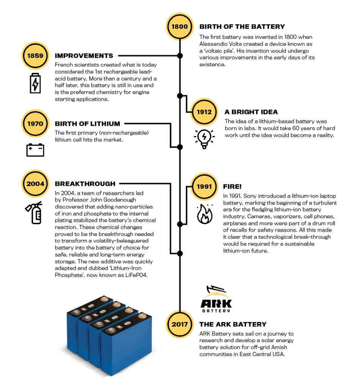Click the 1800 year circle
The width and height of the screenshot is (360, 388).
[x=180, y=27]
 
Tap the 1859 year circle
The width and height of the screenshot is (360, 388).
[x=35, y=56]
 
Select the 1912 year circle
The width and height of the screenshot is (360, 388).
[x=204, y=112]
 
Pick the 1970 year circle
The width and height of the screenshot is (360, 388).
[x=35, y=124]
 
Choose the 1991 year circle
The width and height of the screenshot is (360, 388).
[x=204, y=186]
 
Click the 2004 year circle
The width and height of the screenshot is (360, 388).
[x=35, y=184]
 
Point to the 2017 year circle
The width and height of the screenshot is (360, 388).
[x=180, y=324]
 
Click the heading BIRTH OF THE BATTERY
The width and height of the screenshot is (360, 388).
[x=242, y=27]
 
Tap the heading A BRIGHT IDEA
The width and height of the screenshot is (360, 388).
[x=251, y=112]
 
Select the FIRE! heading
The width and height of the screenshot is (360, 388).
[x=232, y=186]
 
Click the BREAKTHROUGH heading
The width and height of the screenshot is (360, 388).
[x=85, y=184]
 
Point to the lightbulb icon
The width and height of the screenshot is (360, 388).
[x=204, y=139]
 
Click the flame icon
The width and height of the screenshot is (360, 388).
[x=204, y=214]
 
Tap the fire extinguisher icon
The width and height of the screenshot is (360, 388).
[x=34, y=213]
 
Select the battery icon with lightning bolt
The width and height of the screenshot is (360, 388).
[x=35, y=83]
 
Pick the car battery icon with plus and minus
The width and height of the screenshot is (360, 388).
[x=35, y=150]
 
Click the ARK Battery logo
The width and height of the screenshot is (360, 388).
[x=216, y=299]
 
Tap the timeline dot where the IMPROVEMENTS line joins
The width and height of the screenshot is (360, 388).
[x=180, y=56]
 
